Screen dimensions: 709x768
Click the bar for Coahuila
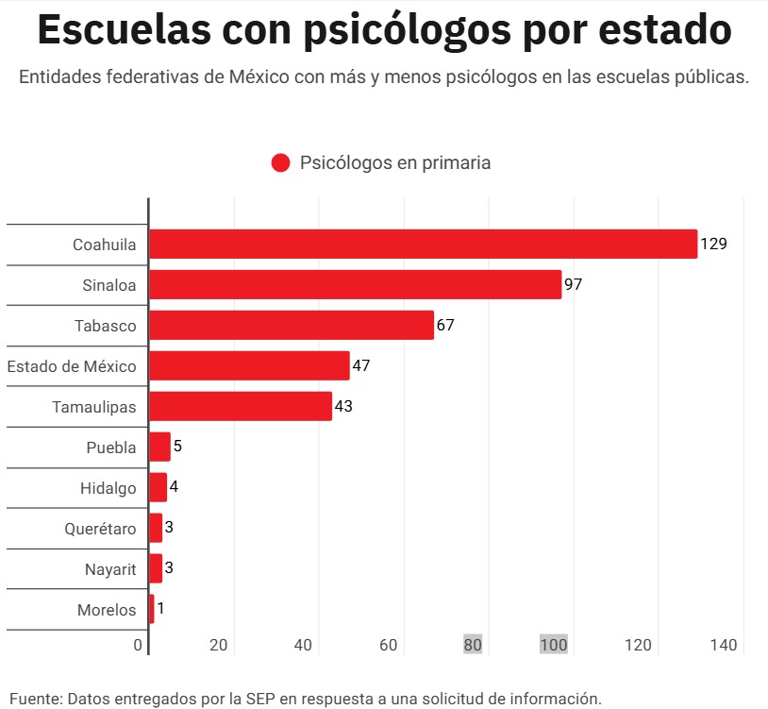[x=423, y=244]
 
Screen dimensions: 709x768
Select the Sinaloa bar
[x=355, y=284]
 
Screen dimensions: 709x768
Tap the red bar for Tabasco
[x=291, y=325]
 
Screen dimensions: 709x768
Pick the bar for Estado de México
[x=249, y=365]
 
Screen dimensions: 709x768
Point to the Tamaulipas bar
[x=241, y=406]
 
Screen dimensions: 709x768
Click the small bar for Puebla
[x=159, y=447]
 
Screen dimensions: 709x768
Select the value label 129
[x=713, y=244]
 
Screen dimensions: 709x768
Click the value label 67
[x=445, y=325]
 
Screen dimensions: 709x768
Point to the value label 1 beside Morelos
[x=160, y=609]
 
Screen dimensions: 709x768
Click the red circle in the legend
[x=280, y=162]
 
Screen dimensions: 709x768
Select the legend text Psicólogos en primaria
[x=395, y=162]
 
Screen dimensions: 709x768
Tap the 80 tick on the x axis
[x=473, y=645]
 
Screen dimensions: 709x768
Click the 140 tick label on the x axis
[x=723, y=645]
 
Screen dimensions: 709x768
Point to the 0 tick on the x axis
[x=138, y=645]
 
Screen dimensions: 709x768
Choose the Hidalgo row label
[x=108, y=488]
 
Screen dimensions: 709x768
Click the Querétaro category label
[x=100, y=529]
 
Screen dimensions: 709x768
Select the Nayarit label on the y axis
[x=110, y=569]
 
